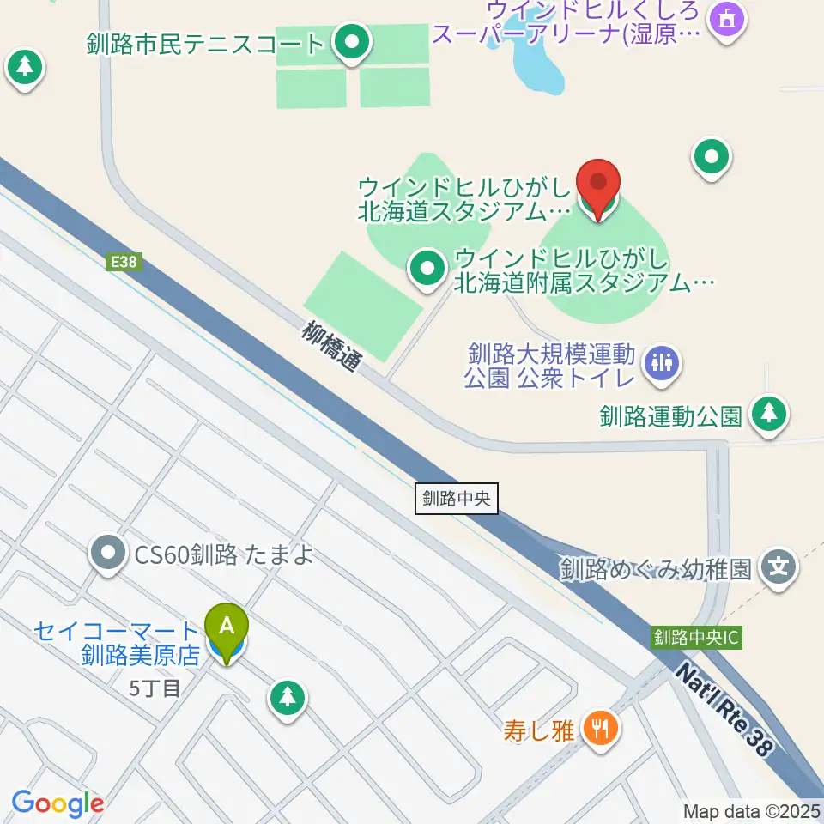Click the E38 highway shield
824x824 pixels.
pyautogui.click(x=123, y=263)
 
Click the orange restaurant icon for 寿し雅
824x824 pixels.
pyautogui.click(x=597, y=730)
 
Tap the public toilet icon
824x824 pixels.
pyautogui.click(x=661, y=363)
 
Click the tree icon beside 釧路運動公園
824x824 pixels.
pyautogui.click(x=769, y=415)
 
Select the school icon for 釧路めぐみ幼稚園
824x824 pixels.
pyautogui.click(x=779, y=567)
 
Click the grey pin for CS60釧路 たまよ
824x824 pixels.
pyautogui.click(x=108, y=554)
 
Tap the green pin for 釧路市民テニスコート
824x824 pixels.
pyautogui.click(x=351, y=43)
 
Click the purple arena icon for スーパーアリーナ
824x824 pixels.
pyautogui.click(x=727, y=17)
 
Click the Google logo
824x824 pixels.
pyautogui.click(x=58, y=803)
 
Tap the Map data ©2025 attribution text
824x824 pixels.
pyautogui.click(x=750, y=810)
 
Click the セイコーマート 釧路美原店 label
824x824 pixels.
pyautogui.click(x=118, y=644)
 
